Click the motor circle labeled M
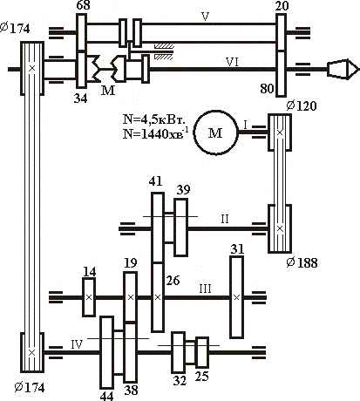(x=215, y=133)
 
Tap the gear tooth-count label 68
(x=83, y=5)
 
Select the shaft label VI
(x=232, y=62)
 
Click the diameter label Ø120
(x=302, y=105)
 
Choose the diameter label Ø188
(x=302, y=262)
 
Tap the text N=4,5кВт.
(x=154, y=119)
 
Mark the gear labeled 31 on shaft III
(x=237, y=297)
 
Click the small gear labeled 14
(x=89, y=297)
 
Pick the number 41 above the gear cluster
(x=155, y=181)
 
